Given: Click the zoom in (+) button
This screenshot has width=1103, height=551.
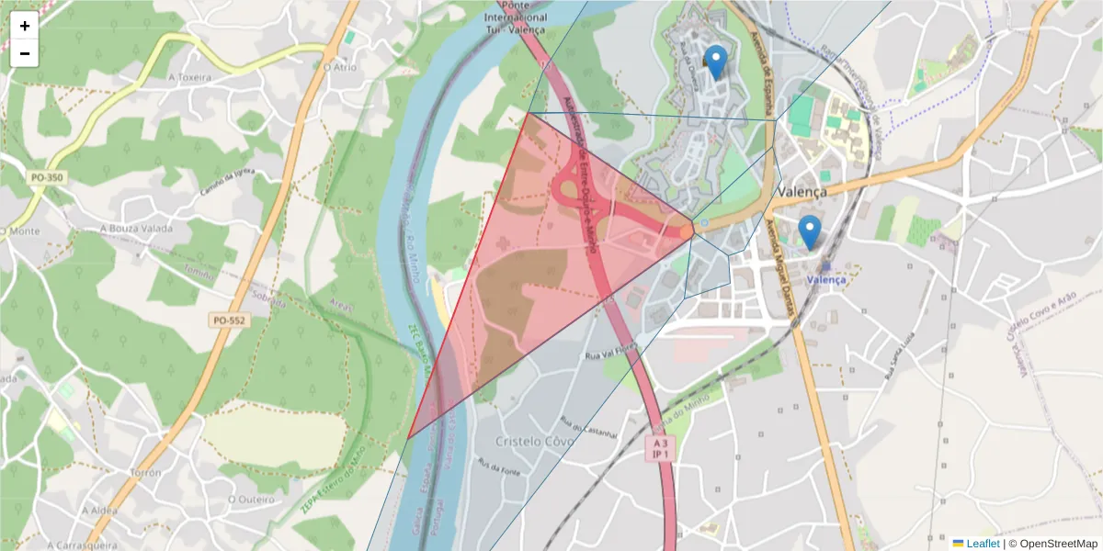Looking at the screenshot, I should (25, 26).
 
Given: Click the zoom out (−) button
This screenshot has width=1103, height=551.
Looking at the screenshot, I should (25, 53).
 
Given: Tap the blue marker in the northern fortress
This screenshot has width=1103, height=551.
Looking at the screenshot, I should (714, 62).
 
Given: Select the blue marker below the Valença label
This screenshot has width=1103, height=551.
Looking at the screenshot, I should (809, 232).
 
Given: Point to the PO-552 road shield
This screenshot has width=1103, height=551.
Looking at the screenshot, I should (230, 320).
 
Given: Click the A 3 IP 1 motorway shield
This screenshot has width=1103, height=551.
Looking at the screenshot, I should (661, 448).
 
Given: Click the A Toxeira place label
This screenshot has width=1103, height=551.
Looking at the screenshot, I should (189, 77).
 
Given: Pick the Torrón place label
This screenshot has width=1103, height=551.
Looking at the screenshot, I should (146, 472).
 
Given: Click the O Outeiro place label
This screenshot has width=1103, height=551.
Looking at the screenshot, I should (251, 500).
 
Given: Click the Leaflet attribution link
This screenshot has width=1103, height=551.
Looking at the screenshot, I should (983, 544).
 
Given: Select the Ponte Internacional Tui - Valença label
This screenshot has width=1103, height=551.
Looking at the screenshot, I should (516, 17).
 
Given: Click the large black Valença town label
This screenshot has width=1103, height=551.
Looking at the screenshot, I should (802, 192).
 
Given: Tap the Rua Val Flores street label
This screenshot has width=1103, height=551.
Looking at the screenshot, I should (610, 351).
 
